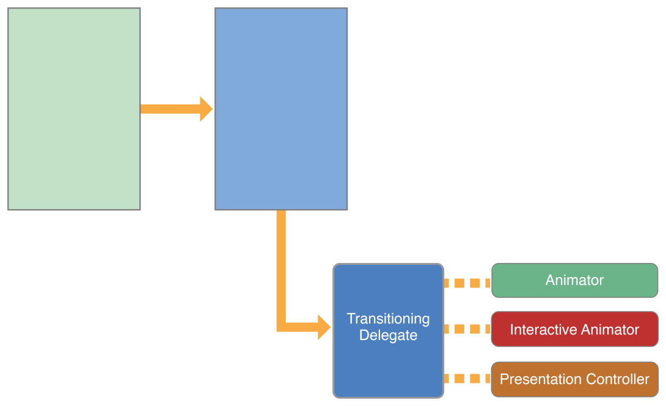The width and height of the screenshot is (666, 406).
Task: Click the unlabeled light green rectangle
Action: tap(74, 109)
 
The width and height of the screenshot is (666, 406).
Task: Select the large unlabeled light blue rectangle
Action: tap(281, 109)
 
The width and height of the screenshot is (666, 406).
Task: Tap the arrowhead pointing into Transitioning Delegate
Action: tap(324, 327)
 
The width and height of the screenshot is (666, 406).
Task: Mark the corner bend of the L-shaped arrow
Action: tap(282, 327)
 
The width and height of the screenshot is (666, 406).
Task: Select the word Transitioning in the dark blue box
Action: tap(388, 319)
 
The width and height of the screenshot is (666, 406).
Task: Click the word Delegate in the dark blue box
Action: tap(388, 336)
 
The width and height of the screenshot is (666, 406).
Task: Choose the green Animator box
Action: tap(574, 281)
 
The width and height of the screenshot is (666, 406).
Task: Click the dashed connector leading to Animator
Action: tap(467, 283)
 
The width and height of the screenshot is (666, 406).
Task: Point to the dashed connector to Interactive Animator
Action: tap(467, 329)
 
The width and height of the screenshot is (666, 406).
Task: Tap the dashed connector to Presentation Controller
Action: tap(467, 378)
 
